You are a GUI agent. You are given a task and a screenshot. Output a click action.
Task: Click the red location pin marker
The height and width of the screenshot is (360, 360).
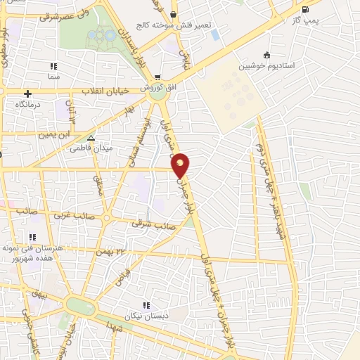[x=181, y=165]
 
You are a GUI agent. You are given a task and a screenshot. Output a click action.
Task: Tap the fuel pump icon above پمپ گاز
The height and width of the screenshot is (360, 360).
[x=304, y=10]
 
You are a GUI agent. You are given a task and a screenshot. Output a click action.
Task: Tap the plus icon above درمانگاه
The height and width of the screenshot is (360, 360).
[x=27, y=94]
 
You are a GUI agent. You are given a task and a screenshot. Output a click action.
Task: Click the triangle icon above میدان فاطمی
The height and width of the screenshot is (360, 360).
[x=91, y=138]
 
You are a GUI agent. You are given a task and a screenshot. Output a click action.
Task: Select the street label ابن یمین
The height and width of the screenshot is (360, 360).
[x=56, y=134]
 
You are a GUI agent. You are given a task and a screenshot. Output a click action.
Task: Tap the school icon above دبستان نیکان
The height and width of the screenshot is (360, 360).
[x=147, y=304]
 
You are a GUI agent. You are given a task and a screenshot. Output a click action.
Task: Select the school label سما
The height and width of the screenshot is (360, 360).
[x=54, y=75]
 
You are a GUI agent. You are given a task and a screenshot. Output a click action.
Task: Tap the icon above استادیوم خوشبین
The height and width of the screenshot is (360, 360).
[x=266, y=56]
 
